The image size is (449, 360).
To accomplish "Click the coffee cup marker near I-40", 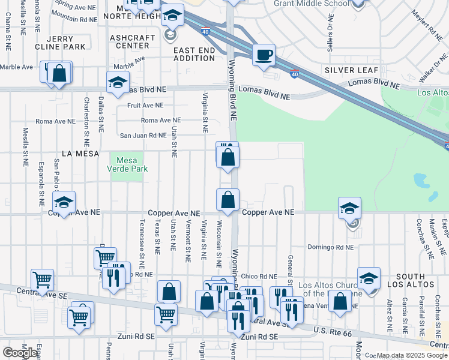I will [264, 56].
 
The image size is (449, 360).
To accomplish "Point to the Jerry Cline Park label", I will [67, 42].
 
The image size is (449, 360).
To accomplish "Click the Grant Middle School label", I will [311, 4].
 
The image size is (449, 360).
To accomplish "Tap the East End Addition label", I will [194, 53].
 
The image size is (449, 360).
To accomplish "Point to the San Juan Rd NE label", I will [143, 136].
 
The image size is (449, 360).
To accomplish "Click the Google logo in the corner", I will [19, 353].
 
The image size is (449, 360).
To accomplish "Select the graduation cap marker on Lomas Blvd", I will [118, 83].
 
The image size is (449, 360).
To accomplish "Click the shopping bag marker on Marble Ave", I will [59, 74].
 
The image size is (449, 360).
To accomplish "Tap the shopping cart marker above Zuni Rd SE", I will [166, 313].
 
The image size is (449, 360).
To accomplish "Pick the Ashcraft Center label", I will [129, 41].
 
